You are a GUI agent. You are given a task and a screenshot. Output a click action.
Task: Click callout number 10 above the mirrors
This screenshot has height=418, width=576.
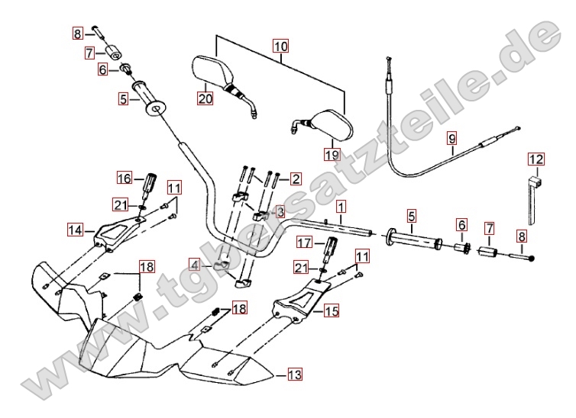(281, 47)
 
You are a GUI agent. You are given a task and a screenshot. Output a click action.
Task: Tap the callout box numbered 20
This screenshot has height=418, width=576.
(205, 98)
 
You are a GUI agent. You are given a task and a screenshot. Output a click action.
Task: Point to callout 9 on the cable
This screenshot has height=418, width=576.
(451, 139)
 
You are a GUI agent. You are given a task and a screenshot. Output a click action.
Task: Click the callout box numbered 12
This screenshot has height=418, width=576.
(536, 159)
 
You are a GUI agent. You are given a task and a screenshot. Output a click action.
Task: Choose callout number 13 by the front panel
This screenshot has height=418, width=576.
(294, 374)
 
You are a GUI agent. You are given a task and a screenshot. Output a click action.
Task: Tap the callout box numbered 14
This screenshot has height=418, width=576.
(74, 229)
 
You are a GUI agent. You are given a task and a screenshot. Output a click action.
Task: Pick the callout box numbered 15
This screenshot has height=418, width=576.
(331, 310)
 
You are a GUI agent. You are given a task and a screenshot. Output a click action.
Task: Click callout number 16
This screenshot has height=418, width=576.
(125, 178)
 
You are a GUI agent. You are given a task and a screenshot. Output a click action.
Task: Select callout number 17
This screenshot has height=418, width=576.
(304, 243)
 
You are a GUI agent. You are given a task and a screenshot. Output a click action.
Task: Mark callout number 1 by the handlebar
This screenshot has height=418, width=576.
(339, 207)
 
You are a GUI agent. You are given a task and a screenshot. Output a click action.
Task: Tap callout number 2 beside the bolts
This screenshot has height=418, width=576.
(294, 178)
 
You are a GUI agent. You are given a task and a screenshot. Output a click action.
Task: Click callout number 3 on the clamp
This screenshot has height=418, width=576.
(280, 211)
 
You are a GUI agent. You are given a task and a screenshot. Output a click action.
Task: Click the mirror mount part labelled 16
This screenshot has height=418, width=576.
(150, 183)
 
